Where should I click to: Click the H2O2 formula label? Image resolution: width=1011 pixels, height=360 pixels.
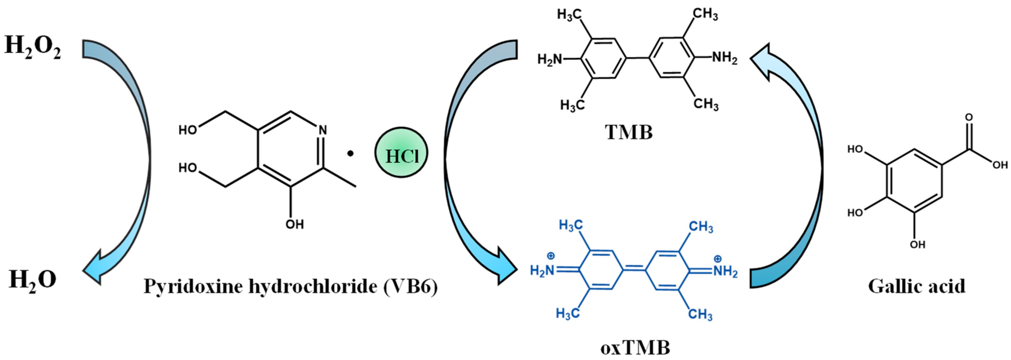33,46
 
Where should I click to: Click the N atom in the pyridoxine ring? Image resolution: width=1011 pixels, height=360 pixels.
323,130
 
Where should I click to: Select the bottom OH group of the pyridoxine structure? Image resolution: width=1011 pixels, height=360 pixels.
294,224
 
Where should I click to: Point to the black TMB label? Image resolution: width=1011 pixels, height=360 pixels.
629,132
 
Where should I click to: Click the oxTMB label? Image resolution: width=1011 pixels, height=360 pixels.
635,347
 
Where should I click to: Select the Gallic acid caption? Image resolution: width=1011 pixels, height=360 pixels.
917,287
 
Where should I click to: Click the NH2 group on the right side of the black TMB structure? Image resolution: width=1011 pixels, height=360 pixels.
725,58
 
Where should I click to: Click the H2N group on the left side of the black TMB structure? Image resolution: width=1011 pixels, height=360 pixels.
549,60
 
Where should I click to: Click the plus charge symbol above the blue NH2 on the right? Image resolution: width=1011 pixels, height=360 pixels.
717,259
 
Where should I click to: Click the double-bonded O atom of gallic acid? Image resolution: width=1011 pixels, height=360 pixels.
969,118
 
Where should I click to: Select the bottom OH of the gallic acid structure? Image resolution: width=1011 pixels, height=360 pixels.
918,245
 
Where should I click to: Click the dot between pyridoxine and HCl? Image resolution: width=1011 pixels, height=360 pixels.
350,154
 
